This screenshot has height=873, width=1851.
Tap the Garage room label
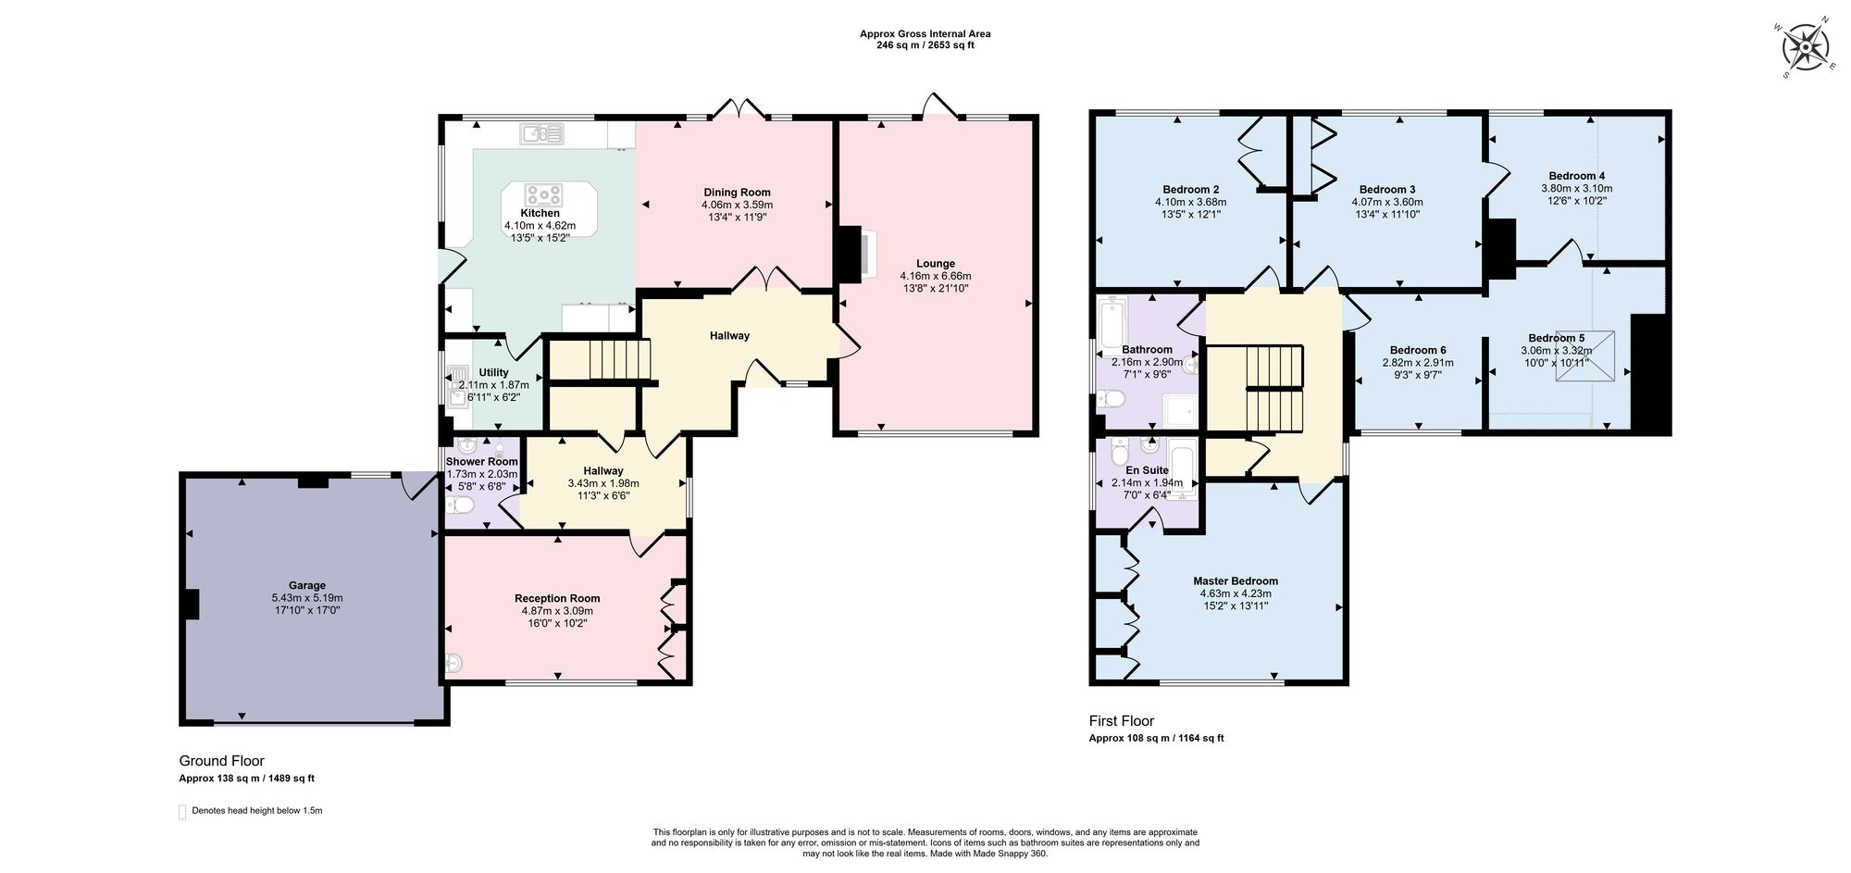point(306,585)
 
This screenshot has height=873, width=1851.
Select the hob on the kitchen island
point(543,195)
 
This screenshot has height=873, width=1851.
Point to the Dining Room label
point(737,193)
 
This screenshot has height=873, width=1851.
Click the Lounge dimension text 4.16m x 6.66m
point(935,276)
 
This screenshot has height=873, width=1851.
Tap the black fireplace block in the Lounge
point(848,255)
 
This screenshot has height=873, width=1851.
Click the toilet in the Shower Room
point(460,505)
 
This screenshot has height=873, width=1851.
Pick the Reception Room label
point(557,598)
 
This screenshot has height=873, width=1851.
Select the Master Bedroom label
point(1235,581)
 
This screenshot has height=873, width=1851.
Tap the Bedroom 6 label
point(1417,350)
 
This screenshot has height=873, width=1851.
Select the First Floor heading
point(1121,721)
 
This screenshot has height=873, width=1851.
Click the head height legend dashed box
point(182,812)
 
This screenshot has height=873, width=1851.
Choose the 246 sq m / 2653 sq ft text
point(925,45)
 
